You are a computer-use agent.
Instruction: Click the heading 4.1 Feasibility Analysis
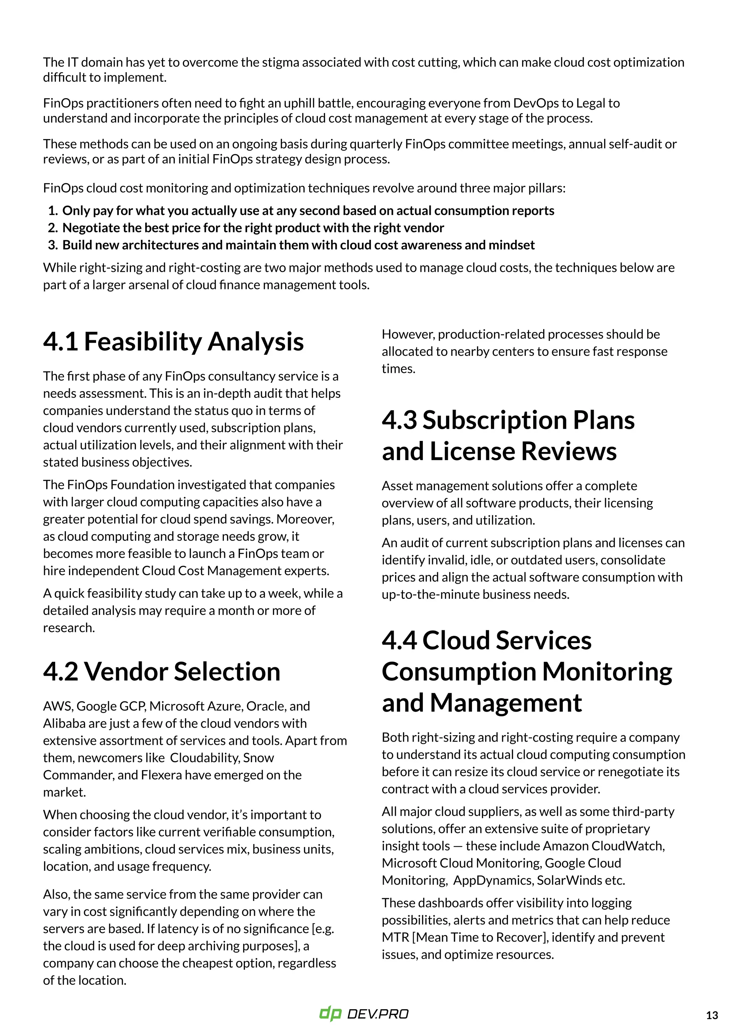pos(173,342)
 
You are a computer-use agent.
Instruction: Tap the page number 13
pos(712,1015)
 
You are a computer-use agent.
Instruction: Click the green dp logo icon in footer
pos(331,1013)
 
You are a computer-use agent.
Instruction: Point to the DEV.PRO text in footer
pos(378,1014)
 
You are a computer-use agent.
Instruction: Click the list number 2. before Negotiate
pos(53,228)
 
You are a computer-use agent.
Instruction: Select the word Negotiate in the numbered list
pos(87,228)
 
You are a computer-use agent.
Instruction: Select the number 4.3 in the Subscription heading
pos(399,420)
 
